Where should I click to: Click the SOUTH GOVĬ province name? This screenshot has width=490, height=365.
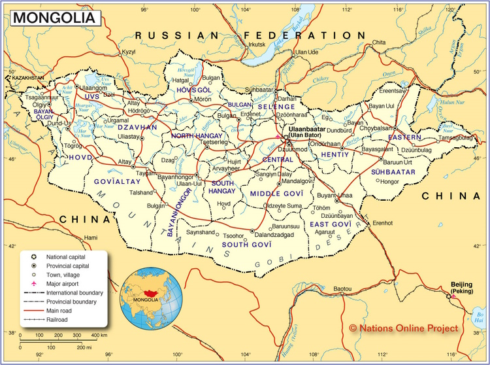(x=246, y=245)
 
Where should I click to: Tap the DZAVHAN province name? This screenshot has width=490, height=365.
(x=137, y=127)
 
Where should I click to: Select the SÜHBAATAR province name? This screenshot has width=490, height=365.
(x=393, y=171)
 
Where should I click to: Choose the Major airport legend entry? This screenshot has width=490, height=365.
(x=65, y=284)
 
